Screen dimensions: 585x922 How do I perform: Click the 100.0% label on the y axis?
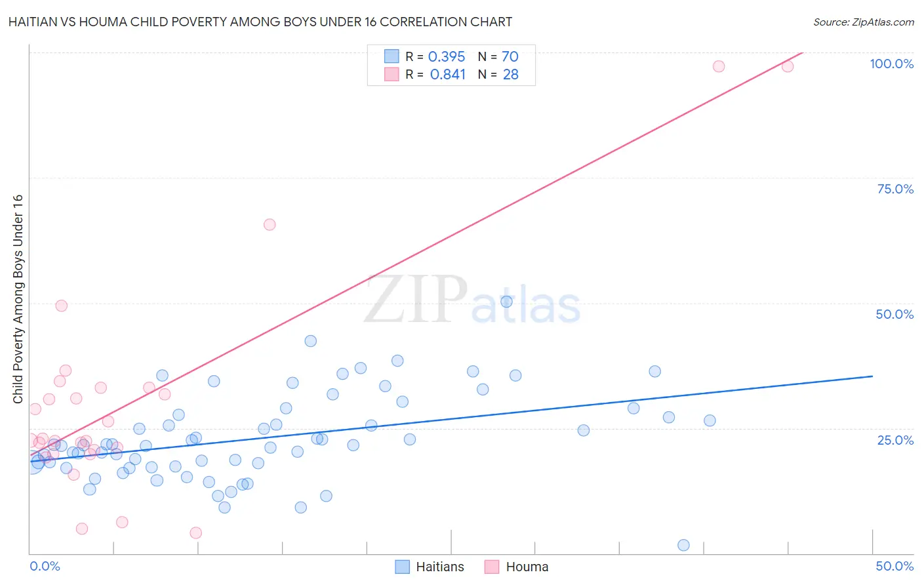[891, 64]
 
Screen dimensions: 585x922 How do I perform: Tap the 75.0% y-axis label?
[895, 189]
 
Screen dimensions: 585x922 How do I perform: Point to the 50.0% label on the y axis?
[894, 314]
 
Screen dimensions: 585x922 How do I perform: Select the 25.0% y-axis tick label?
[895, 439]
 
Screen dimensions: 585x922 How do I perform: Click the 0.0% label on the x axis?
[45, 566]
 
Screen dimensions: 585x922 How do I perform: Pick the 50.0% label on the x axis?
[894, 566]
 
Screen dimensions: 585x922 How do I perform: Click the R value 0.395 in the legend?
[446, 57]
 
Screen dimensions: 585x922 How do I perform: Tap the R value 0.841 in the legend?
[447, 75]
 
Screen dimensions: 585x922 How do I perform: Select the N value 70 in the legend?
[510, 57]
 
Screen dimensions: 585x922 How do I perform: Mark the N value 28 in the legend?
[510, 75]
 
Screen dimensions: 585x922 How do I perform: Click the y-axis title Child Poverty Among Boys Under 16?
[18, 299]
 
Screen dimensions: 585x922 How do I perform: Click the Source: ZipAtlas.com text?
[863, 22]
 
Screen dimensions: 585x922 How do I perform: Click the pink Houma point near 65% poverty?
[270, 224]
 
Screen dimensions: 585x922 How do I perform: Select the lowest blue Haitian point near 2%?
[683, 545]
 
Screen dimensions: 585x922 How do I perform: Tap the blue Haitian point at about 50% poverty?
[506, 302]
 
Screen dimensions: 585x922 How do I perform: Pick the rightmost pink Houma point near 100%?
[788, 66]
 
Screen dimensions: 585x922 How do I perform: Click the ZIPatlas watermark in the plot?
[472, 300]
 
